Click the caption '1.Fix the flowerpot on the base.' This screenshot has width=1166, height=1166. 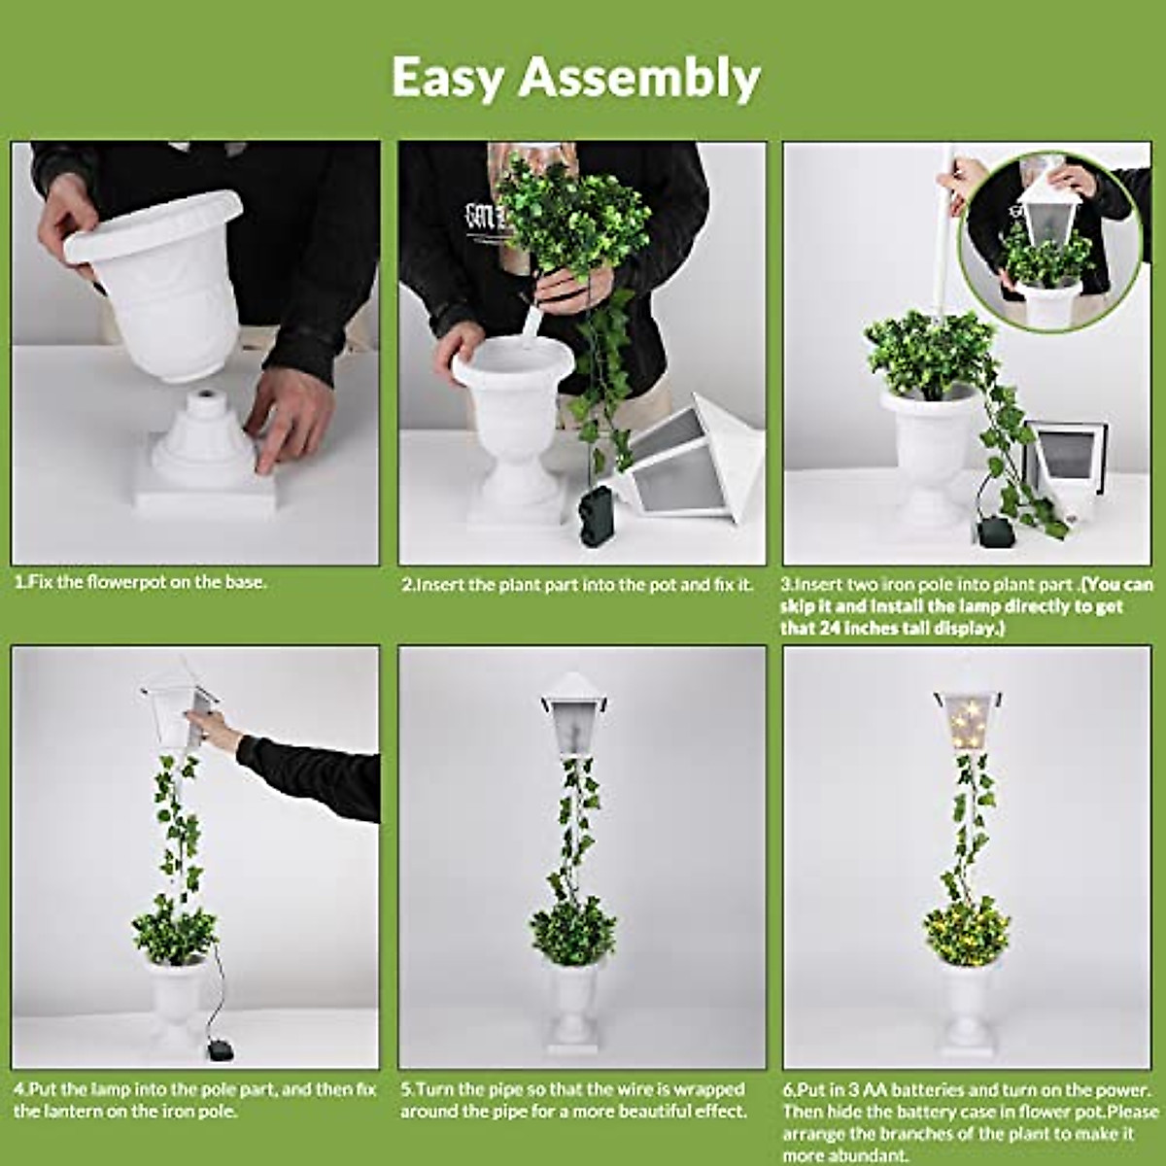[141, 583]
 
